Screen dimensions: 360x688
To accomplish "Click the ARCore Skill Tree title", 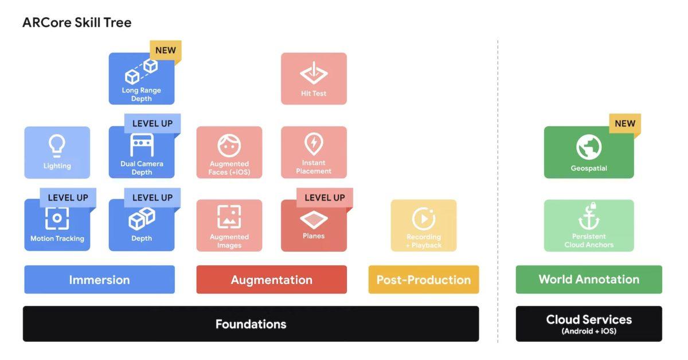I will pyautogui.click(x=77, y=23).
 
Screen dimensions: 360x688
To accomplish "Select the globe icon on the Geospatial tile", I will pyautogui.click(x=589, y=148).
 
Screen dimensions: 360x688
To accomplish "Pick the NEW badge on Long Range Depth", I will pyautogui.click(x=166, y=50).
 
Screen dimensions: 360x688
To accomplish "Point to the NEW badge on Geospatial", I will pyautogui.click(x=625, y=123).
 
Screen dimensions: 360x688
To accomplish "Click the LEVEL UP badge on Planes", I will pyautogui.click(x=325, y=198).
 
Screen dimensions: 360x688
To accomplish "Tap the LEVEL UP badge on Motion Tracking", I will pyautogui.click(x=68, y=198).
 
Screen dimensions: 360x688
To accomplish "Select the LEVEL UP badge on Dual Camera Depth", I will pyautogui.click(x=153, y=123).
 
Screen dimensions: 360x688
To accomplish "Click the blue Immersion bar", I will pyautogui.click(x=99, y=280).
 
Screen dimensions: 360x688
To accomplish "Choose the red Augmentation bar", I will pyautogui.click(x=271, y=280).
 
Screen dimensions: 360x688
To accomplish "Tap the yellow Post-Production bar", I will pyautogui.click(x=423, y=280).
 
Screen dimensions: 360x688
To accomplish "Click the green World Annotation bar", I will pyautogui.click(x=589, y=279).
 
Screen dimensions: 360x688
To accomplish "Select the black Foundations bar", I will pyautogui.click(x=251, y=324).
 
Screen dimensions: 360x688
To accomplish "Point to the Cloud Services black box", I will pyautogui.click(x=589, y=323).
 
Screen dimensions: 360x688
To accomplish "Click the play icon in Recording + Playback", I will pyautogui.click(x=424, y=218).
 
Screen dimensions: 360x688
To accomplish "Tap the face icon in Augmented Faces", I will pyautogui.click(x=229, y=146).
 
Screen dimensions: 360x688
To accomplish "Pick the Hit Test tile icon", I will pyautogui.click(x=314, y=73).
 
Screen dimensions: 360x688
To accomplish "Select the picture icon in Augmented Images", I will pyautogui.click(x=229, y=217).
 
